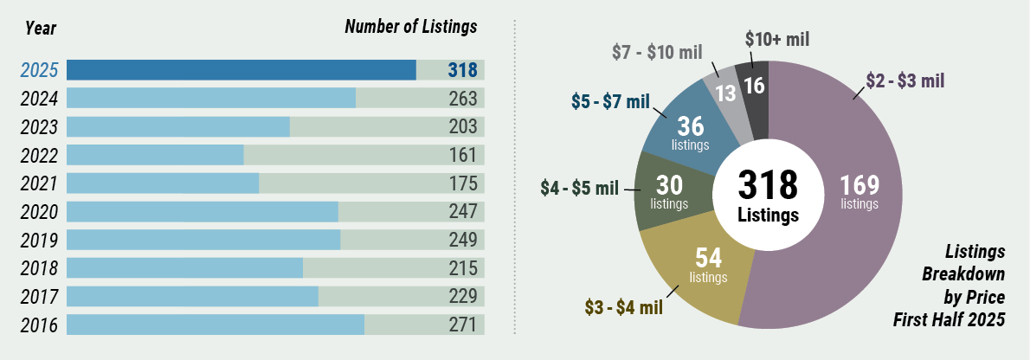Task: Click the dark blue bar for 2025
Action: pos(241,70)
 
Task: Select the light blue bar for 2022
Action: pos(155,155)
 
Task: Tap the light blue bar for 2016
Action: pos(215,325)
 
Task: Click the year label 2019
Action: pos(39,241)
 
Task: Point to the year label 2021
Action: pos(39,183)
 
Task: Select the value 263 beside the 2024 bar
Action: pos(463,99)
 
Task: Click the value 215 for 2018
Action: pos(463,268)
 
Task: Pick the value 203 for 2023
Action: pos(463,127)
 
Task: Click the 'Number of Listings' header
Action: pos(411,27)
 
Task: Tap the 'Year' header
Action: pos(41,29)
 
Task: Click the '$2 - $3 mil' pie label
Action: pos(905,81)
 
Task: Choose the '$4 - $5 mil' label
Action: pos(579,188)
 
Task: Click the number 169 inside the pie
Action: pos(859,185)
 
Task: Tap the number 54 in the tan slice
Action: pos(709,257)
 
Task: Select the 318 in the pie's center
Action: pos(768,184)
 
